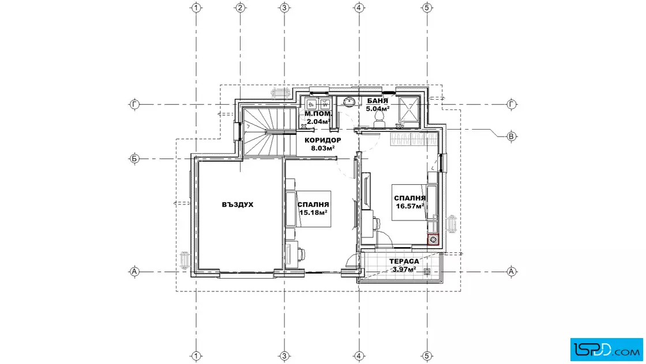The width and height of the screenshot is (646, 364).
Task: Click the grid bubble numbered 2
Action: pos(240,7)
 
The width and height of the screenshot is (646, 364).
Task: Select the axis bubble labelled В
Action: pos(511,136)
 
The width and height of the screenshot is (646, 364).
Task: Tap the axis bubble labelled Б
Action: pos(134,158)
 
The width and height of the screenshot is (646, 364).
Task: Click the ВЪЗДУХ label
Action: pos(237,204)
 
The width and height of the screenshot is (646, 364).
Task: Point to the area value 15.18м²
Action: pos(313,212)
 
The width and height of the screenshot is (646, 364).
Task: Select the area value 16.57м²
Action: pos(410,206)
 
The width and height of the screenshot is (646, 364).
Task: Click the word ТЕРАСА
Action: pos(404,261)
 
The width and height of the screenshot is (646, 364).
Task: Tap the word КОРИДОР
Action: pos(322,141)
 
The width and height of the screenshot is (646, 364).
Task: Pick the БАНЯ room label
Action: pos(377,101)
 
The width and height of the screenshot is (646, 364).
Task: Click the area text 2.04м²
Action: pos(318,122)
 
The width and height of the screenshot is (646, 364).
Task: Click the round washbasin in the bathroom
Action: pos(350,101)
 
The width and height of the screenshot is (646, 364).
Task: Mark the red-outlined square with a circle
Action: pos(433,240)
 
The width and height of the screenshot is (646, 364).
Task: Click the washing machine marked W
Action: pos(325,104)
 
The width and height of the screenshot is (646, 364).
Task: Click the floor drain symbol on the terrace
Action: pos(427,271)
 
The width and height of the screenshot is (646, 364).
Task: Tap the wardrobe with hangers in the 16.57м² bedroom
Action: pos(414,139)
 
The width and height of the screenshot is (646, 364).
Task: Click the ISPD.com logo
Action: pos(606,350)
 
